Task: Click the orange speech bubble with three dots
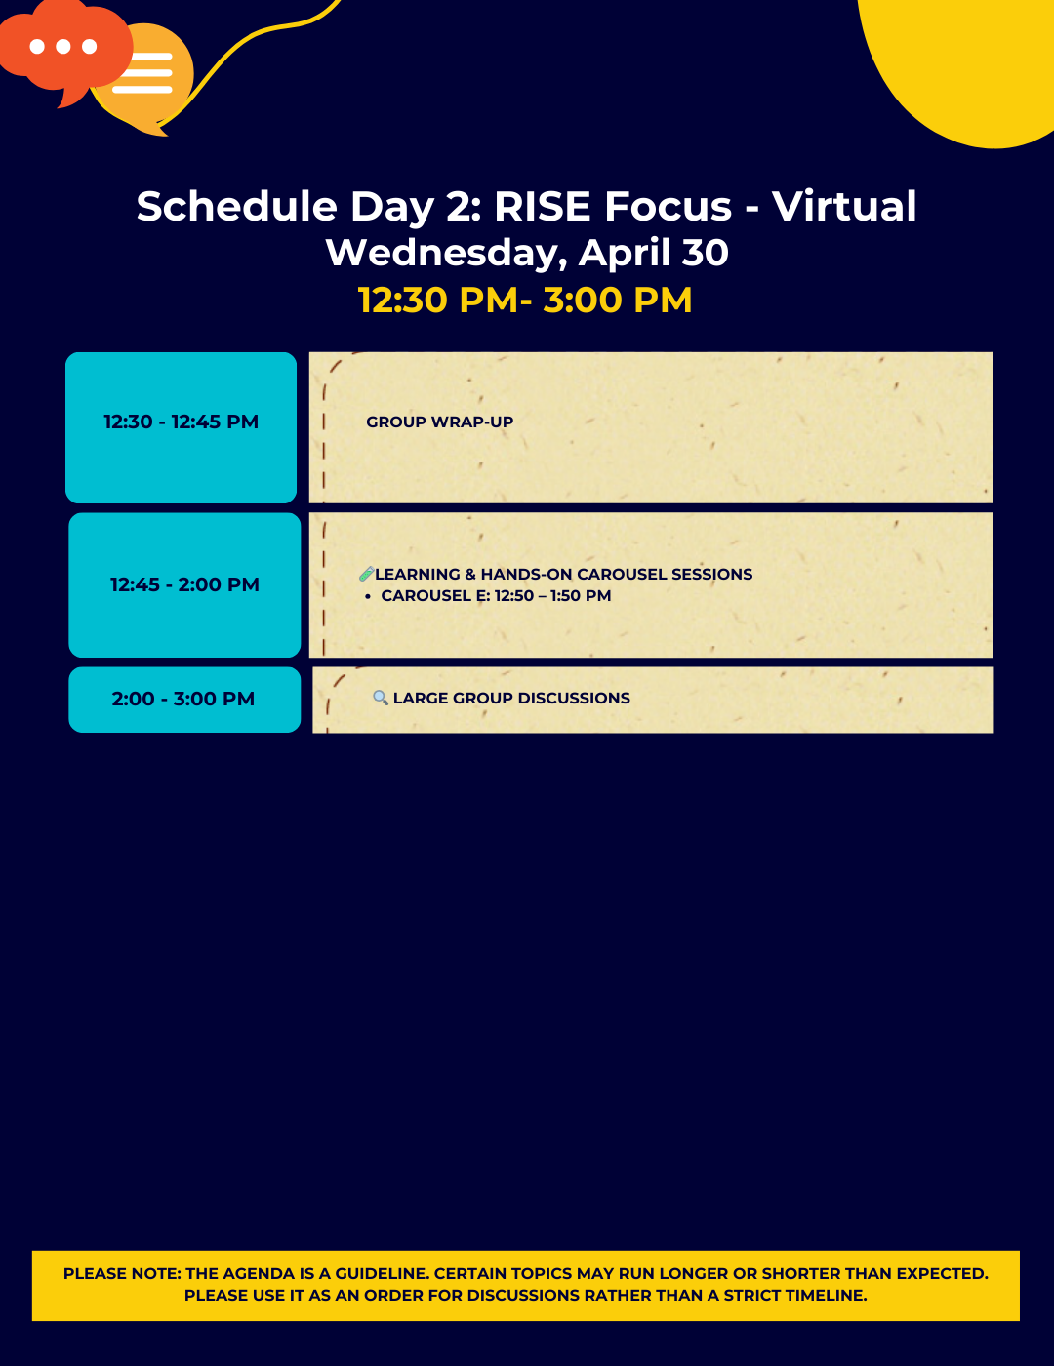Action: point(61,47)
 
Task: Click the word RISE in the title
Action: point(542,207)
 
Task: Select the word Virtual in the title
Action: point(844,207)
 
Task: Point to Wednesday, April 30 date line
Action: point(527,253)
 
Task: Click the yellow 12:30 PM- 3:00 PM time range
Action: point(525,300)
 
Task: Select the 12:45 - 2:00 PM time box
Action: point(184,585)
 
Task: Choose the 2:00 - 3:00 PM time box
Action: point(183,700)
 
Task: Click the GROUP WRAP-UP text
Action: point(439,422)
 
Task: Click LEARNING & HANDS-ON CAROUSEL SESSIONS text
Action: point(563,575)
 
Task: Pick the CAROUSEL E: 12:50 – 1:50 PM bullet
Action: point(496,596)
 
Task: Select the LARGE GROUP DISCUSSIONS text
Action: point(511,699)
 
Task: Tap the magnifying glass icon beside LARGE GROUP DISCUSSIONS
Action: point(381,698)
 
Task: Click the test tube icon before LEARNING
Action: point(366,575)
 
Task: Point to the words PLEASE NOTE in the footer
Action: point(122,1274)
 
